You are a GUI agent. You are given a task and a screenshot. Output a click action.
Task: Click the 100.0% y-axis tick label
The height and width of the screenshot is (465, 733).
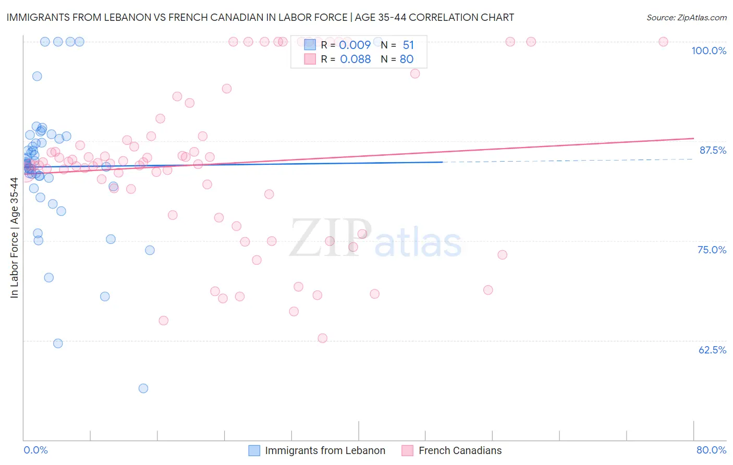pos(708,51)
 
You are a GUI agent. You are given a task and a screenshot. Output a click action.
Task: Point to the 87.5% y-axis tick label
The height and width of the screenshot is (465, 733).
pos(713,150)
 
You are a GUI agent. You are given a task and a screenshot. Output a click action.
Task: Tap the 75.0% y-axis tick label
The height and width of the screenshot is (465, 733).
pos(712,250)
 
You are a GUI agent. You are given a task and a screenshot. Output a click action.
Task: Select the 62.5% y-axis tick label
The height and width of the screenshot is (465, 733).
pos(712,350)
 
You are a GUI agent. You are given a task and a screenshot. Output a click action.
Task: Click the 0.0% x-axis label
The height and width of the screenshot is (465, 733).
pos(35,450)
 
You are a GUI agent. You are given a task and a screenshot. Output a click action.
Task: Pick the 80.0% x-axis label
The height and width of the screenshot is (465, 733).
pos(711,450)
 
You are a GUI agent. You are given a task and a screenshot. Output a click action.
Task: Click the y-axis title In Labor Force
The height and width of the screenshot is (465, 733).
pos(14,238)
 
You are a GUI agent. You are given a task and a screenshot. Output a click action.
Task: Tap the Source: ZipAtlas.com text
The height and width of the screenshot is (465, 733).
pos(686,17)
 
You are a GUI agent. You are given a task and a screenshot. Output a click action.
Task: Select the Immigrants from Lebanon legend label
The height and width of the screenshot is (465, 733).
pos(325,450)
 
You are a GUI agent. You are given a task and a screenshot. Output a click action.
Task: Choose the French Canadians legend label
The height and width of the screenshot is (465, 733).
pos(460,450)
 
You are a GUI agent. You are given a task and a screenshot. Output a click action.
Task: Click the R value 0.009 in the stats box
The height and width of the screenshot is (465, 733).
pos(355,45)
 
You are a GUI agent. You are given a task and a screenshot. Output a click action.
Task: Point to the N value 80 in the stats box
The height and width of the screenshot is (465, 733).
pos(407,59)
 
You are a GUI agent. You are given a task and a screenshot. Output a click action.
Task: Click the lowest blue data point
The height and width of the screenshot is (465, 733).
pos(143,388)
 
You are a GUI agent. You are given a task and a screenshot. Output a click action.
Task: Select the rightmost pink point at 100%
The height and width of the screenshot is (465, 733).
pos(663,42)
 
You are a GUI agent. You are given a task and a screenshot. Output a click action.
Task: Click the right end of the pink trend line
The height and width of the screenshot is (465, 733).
pos(693,138)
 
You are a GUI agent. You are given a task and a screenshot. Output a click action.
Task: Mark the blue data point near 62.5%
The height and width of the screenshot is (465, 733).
pos(58,344)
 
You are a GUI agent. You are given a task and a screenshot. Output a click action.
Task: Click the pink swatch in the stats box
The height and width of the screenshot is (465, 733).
pos(310,59)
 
